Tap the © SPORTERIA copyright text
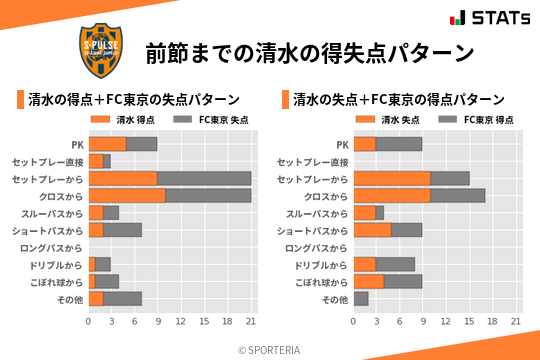(269, 349)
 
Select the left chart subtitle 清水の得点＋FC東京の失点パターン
(134, 99)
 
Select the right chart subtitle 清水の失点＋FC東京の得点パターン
(399, 99)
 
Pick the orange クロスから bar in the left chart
(127, 196)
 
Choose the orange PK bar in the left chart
(107, 144)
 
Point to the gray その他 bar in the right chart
(361, 299)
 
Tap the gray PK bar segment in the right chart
(399, 144)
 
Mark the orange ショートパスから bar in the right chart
(372, 230)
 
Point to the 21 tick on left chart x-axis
(251, 322)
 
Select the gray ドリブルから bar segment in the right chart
(395, 264)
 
